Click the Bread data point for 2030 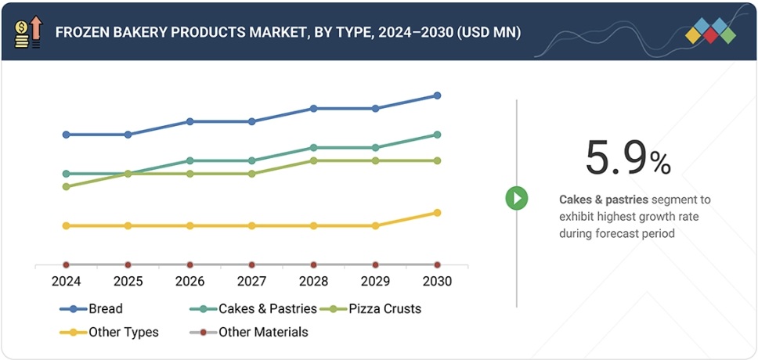pos(437,95)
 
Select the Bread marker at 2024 pos(67,135)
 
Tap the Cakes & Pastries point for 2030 pos(437,135)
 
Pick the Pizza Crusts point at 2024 pos(67,187)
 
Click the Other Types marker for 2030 pos(437,213)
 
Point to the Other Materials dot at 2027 pos(251,265)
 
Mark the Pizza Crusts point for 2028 pos(313,160)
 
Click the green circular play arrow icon pos(516,198)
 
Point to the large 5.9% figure pos(627,159)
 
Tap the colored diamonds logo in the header pos(710,31)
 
